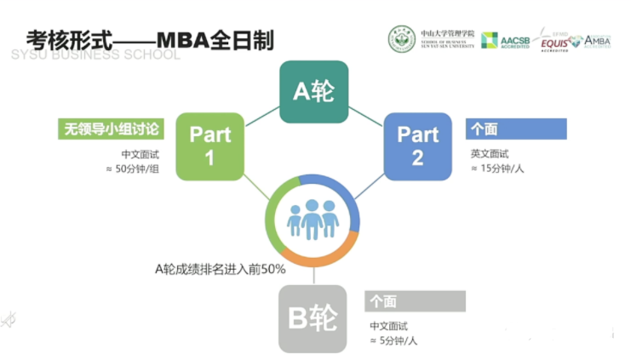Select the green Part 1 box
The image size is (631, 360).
pos(209,146)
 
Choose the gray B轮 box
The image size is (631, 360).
pos(313,318)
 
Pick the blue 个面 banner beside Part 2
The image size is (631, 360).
pos(516,129)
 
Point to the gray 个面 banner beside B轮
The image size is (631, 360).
pos(416,301)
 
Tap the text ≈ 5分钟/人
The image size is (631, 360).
pos(394,341)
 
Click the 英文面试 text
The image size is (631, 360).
pos(490,154)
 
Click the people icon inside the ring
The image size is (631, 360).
pos(313,219)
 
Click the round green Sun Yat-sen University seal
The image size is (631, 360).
pos(402,38)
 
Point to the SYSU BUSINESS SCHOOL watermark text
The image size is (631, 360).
pos(95,55)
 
